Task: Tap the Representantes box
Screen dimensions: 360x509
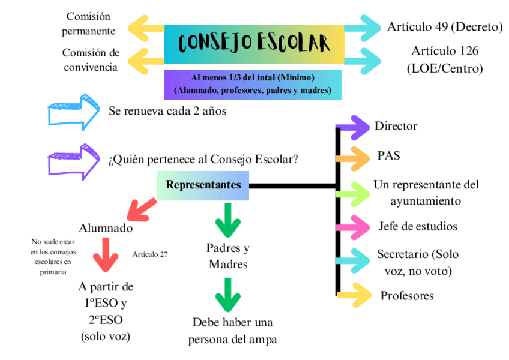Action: (x=203, y=185)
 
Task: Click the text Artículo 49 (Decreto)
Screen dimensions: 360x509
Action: (x=444, y=27)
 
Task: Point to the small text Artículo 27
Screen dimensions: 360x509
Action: (x=149, y=254)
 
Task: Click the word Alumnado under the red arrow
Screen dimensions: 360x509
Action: (x=106, y=228)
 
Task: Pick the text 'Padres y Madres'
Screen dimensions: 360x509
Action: (x=227, y=256)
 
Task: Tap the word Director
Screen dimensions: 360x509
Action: (x=396, y=126)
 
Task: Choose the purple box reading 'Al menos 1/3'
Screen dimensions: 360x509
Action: (x=253, y=85)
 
